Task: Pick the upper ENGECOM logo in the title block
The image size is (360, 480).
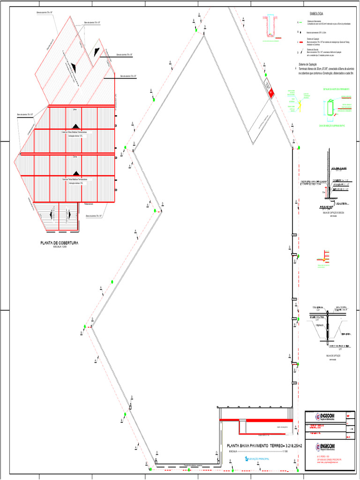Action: tap(323, 417)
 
